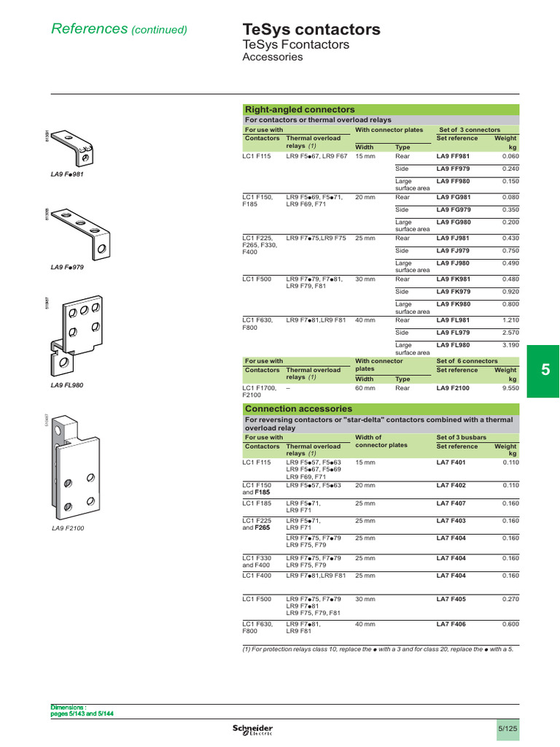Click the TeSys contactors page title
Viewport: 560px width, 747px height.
[311, 30]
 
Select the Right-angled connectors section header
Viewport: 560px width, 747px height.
[300, 109]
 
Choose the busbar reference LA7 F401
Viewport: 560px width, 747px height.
[451, 463]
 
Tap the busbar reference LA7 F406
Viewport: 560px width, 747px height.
[451, 624]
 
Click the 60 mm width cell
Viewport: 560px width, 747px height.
[365, 390]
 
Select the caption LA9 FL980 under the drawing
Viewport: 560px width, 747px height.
[67, 385]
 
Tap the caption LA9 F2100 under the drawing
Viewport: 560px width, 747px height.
[68, 528]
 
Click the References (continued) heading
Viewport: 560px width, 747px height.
[119, 29]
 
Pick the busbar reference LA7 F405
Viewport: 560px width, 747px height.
[451, 599]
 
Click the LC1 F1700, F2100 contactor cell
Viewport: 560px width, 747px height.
[260, 393]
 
